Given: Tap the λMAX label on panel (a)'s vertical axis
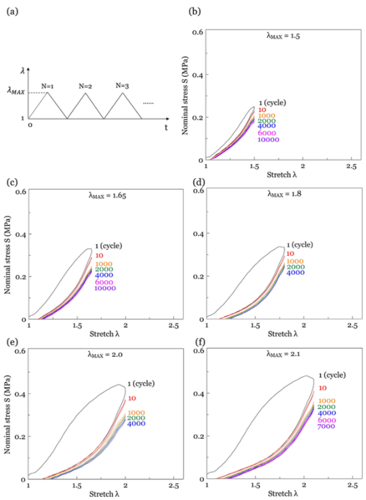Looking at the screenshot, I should [x=16, y=91].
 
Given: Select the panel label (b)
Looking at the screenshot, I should [x=194, y=11].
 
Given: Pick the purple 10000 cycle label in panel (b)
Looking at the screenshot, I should [x=268, y=139].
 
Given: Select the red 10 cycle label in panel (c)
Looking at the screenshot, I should [x=98, y=255].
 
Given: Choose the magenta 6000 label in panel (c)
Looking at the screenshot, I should [x=103, y=282].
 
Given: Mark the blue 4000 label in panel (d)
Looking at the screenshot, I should [x=295, y=273].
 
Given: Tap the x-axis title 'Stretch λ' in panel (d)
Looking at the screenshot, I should [x=284, y=334].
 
